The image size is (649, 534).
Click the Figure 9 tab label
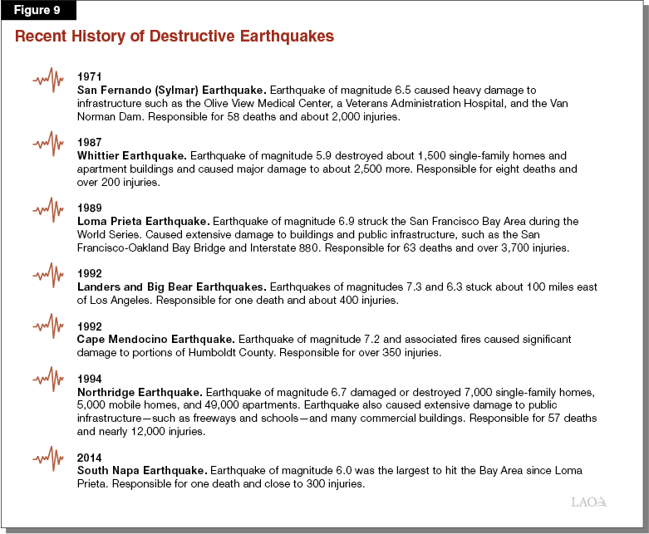point(39,11)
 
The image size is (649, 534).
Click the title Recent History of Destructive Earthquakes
point(175,37)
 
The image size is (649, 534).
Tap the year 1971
point(89,76)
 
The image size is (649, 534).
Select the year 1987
point(89,143)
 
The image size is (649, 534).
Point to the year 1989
point(89,208)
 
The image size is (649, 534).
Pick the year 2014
point(89,458)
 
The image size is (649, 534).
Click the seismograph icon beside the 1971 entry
point(49,81)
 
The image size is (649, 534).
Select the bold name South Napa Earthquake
point(140,470)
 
